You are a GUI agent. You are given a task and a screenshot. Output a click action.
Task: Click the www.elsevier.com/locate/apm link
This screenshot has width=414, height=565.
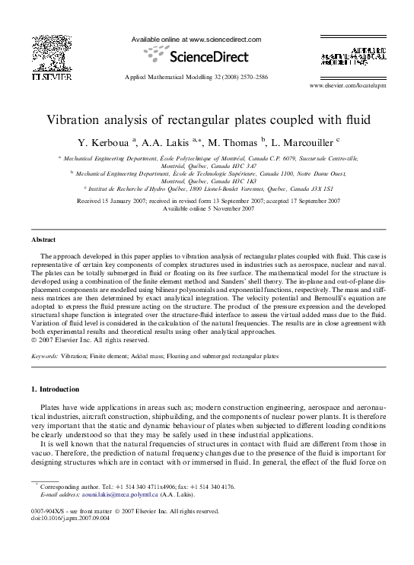coord(353,87)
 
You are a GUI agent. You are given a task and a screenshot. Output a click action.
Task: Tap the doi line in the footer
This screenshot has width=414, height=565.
coord(70,519)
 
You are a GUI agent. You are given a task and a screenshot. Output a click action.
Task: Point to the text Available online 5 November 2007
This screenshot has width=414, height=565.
coord(207,208)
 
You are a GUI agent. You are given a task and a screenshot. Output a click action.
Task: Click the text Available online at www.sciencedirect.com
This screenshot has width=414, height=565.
coord(196,40)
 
